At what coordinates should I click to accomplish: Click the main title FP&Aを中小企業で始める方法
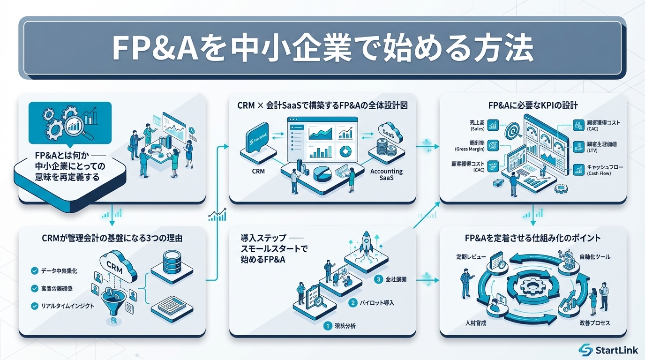pos(322,48)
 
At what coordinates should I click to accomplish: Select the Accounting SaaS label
pos(386,175)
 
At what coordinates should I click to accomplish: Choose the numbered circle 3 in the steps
pos(380,280)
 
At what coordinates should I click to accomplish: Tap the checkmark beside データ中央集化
pos(34,270)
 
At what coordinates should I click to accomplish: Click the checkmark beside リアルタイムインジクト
pos(34,306)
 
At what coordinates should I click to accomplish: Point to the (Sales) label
pos(478,128)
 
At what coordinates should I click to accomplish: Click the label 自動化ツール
pos(595,257)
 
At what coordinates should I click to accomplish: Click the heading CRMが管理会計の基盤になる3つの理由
pos(112,238)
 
